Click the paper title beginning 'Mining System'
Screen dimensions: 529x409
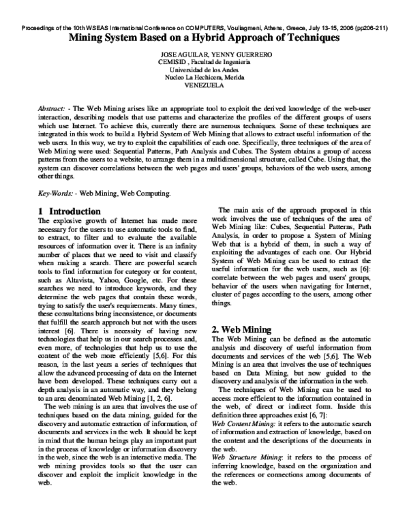(x=204, y=39)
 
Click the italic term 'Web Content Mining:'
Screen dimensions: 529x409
(x=243, y=423)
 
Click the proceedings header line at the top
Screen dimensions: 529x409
(x=204, y=29)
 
